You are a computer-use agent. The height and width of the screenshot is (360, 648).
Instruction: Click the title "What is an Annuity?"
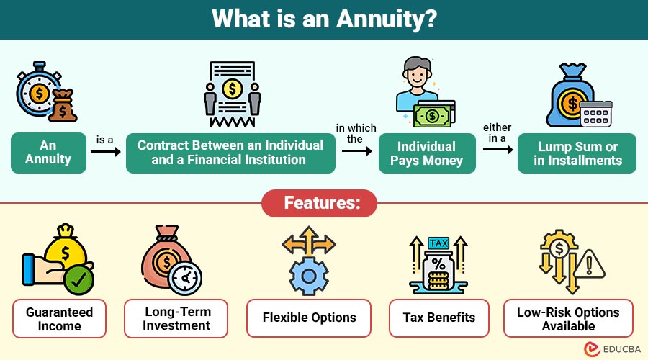(x=324, y=19)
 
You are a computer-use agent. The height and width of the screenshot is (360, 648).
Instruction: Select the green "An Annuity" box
(x=48, y=153)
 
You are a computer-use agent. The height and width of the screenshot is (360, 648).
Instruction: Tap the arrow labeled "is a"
(x=105, y=152)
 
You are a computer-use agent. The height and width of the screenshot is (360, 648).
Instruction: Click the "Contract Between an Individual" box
(x=230, y=153)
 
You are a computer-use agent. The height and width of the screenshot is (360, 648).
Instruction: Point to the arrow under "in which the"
(x=357, y=151)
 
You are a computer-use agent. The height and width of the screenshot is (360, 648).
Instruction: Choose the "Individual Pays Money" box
(x=427, y=153)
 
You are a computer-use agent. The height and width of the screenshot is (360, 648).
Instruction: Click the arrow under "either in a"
(x=498, y=149)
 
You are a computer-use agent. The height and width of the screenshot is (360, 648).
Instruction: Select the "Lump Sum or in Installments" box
(x=577, y=153)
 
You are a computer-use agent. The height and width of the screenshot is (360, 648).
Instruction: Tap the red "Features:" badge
(x=320, y=203)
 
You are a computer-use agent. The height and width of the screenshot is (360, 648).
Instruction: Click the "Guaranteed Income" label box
(x=59, y=319)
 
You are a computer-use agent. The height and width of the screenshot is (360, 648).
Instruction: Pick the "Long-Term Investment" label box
(x=176, y=319)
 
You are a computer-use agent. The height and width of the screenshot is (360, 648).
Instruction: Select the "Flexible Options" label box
(x=309, y=318)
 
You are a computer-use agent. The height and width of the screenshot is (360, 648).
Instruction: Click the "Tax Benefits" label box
(x=439, y=318)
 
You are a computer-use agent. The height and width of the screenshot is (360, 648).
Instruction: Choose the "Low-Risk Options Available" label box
(x=568, y=319)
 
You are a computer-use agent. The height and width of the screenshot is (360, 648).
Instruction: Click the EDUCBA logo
(x=612, y=349)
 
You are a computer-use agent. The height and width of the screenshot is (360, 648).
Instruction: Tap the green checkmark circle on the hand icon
(x=78, y=280)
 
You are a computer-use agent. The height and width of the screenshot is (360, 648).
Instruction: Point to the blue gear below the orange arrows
(x=309, y=276)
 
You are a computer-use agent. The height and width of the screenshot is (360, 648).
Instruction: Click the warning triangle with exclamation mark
(x=589, y=264)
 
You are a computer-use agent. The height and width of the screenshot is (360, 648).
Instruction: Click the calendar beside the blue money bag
(x=596, y=114)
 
